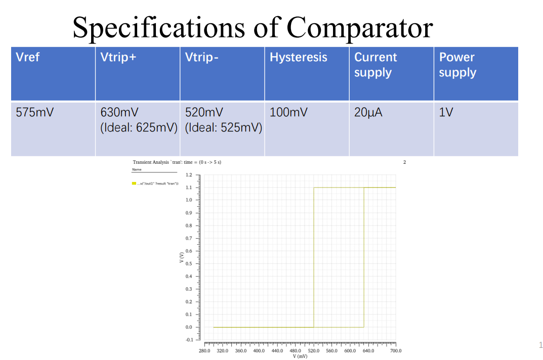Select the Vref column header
pos(28,57)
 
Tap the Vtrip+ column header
pos(118,57)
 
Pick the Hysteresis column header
pos(298,57)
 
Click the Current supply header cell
pos(375,65)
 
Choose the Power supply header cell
pos(457,65)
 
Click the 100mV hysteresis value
pos(288,112)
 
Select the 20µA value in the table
pos(368,112)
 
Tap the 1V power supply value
pos(446,112)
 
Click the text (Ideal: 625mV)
pos(139,127)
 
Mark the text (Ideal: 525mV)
pos(224,127)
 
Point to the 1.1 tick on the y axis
pos(189,188)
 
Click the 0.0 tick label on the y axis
pos(189,327)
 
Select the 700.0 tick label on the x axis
pos(396,350)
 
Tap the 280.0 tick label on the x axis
pos(204,350)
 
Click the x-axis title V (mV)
pos(300,356)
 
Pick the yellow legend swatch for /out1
pos(134,183)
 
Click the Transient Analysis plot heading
pos(177,162)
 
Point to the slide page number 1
pos(540,345)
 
